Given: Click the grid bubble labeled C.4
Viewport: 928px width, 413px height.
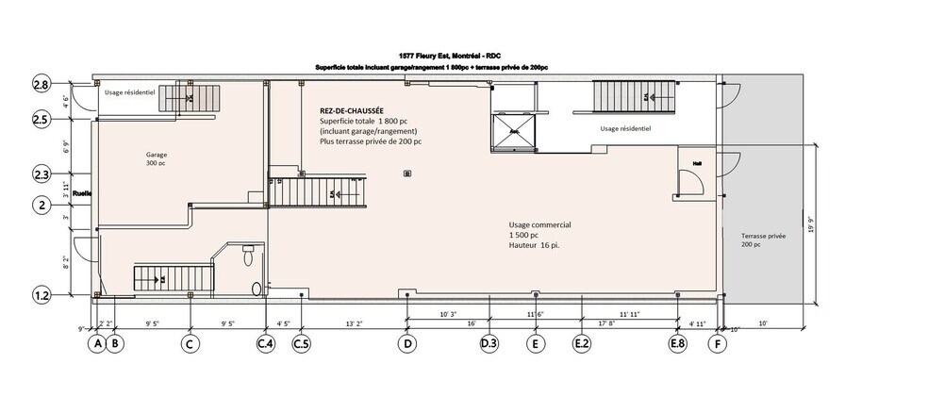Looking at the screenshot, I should coord(266,344).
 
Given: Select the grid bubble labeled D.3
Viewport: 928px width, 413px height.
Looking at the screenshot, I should coord(489,344).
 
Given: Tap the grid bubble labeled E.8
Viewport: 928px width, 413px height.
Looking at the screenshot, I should coord(677,344).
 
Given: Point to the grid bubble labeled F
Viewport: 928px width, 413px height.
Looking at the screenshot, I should coord(719,344).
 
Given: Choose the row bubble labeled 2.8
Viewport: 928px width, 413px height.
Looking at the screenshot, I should coord(41,86).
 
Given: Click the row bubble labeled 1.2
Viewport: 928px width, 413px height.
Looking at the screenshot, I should coord(41,296).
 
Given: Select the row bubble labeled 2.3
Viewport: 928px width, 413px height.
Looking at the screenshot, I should coord(41,174).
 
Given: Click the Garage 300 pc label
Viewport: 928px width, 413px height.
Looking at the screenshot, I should coord(157,157).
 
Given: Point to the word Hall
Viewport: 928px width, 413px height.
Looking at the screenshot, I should coord(697,161).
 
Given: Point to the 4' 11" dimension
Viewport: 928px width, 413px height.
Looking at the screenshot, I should coord(698,322).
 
